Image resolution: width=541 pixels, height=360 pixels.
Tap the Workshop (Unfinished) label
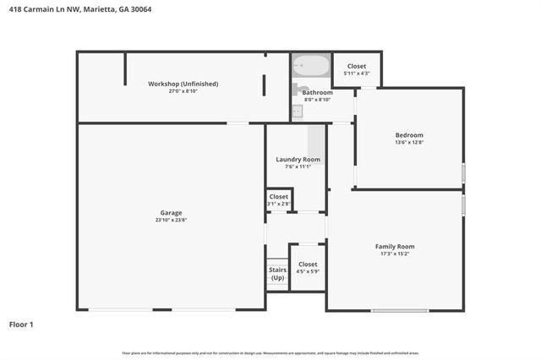(183, 84)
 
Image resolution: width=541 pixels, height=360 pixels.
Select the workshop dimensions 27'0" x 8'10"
(183, 91)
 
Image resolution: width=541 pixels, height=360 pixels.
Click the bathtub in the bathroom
(311, 66)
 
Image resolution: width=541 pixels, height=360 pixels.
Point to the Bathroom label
(318, 92)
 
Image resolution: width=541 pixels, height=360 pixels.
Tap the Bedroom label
(409, 135)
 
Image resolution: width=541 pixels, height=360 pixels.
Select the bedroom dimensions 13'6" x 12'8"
(409, 143)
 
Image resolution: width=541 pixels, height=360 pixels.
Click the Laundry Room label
(298, 160)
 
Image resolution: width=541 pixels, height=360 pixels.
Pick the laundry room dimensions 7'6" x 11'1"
(298, 167)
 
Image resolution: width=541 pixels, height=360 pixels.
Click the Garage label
(172, 212)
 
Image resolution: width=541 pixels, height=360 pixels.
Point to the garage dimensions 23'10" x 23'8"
(172, 220)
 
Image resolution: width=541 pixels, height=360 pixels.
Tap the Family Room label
(395, 247)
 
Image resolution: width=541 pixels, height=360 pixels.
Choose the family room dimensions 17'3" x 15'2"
(395, 254)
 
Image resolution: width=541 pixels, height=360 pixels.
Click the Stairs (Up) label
(277, 274)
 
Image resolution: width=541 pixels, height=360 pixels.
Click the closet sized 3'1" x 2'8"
(278, 200)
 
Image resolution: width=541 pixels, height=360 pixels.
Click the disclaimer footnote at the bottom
(270, 352)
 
